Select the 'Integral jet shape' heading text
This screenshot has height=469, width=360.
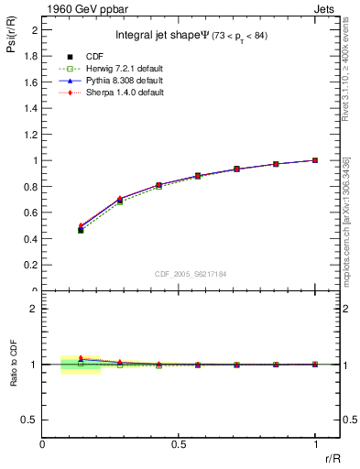point(161,36)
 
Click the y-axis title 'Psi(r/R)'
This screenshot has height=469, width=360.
point(10,36)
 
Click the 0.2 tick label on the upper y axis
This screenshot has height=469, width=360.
point(32,265)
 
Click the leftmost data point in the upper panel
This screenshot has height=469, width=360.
point(81,229)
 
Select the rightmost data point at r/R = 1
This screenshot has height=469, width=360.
point(315,160)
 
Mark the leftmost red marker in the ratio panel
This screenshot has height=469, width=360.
point(81,358)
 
